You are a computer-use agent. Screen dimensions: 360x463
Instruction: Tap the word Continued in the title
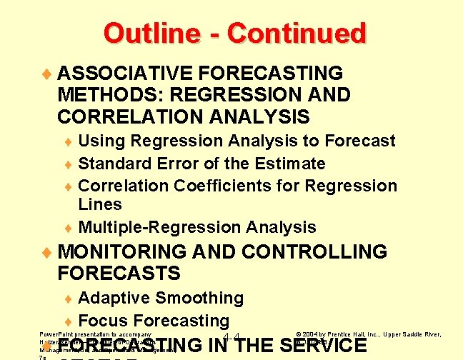coord(297,33)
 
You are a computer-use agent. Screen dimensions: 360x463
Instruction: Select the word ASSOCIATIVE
coord(126,73)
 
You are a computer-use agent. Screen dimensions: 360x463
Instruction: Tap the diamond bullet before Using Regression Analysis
coord(69,141)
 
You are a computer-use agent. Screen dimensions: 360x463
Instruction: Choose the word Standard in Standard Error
coord(111,164)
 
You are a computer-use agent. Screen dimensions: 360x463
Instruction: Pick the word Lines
coord(100,204)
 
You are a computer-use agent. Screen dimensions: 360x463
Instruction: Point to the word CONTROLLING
coord(314,251)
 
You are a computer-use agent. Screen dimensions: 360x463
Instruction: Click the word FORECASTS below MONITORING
coord(119,274)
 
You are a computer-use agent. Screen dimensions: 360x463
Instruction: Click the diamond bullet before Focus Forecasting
coord(69,321)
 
